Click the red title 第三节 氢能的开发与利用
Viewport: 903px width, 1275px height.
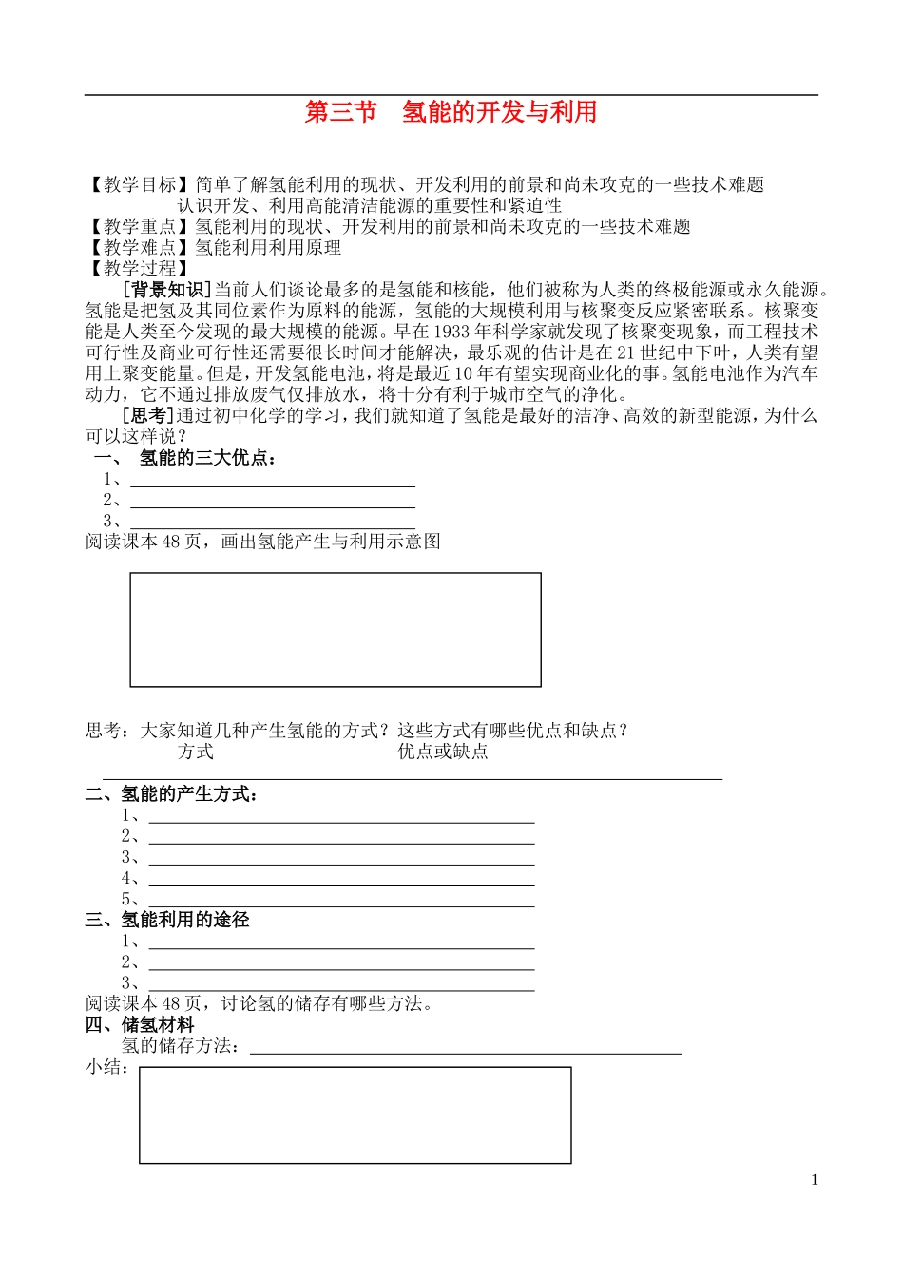tap(451, 112)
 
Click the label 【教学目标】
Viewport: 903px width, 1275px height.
tap(140, 184)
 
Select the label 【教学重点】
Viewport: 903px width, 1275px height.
tap(140, 226)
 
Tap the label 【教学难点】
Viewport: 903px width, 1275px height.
tap(140, 247)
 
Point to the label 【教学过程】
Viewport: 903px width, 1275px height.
tap(140, 268)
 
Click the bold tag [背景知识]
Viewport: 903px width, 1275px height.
tap(167, 290)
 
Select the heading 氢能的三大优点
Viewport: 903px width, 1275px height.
tap(207, 458)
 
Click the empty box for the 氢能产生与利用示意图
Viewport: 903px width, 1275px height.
tap(336, 629)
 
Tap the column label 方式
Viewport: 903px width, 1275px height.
tap(195, 752)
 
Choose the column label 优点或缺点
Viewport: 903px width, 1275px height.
tap(443, 752)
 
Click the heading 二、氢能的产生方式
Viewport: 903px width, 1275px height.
tap(172, 793)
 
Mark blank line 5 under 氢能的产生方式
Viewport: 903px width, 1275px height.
tap(341, 899)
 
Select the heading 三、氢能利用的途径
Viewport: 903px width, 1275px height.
tap(167, 920)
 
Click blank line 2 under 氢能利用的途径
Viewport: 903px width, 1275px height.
tap(341, 961)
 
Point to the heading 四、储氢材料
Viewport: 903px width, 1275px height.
tap(140, 1024)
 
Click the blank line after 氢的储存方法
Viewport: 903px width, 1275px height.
tap(466, 1046)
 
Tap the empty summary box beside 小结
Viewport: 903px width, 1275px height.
tap(355, 1114)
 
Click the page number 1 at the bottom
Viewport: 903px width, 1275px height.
tap(815, 1180)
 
